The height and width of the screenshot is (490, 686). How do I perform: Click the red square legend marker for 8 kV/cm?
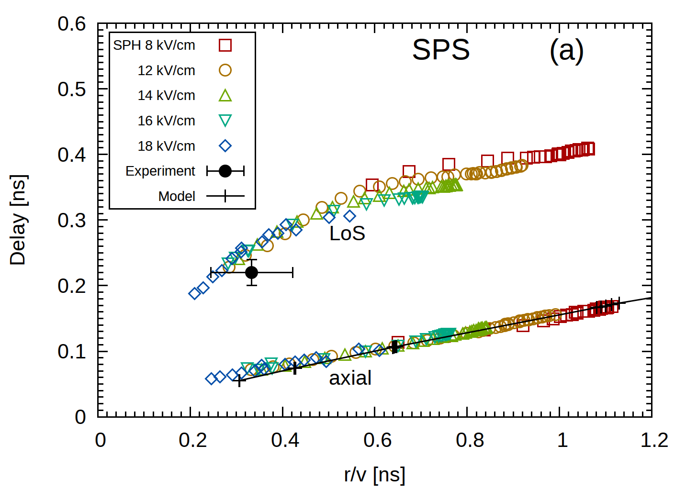[225, 45]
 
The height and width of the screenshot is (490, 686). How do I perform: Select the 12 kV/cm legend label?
[166, 70]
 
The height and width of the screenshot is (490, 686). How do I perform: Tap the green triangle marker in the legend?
[225, 96]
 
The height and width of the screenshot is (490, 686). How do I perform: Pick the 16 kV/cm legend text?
[166, 121]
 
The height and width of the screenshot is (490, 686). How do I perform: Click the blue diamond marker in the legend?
[225, 146]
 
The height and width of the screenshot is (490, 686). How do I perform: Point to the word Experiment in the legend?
[160, 171]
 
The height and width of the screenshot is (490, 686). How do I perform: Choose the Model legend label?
[177, 196]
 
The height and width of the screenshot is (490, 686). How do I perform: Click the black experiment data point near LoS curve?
[251, 273]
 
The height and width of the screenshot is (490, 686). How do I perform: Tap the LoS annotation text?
[347, 234]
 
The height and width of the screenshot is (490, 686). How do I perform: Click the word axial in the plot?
[350, 378]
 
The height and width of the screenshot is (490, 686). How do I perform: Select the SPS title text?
[441, 50]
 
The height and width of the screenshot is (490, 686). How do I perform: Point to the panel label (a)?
[566, 50]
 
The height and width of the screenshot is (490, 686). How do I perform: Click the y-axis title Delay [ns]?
[18, 220]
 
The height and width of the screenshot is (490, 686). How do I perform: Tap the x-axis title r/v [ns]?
[374, 475]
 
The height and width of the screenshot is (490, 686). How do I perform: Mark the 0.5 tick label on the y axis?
[72, 89]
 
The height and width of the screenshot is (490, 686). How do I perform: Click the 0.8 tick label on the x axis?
[470, 440]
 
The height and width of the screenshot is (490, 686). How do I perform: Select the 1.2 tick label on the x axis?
[654, 440]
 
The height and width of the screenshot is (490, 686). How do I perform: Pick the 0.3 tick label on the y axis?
[72, 221]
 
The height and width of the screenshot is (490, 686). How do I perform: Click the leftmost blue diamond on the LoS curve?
[194, 293]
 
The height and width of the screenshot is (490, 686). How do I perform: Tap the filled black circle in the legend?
[225, 171]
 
